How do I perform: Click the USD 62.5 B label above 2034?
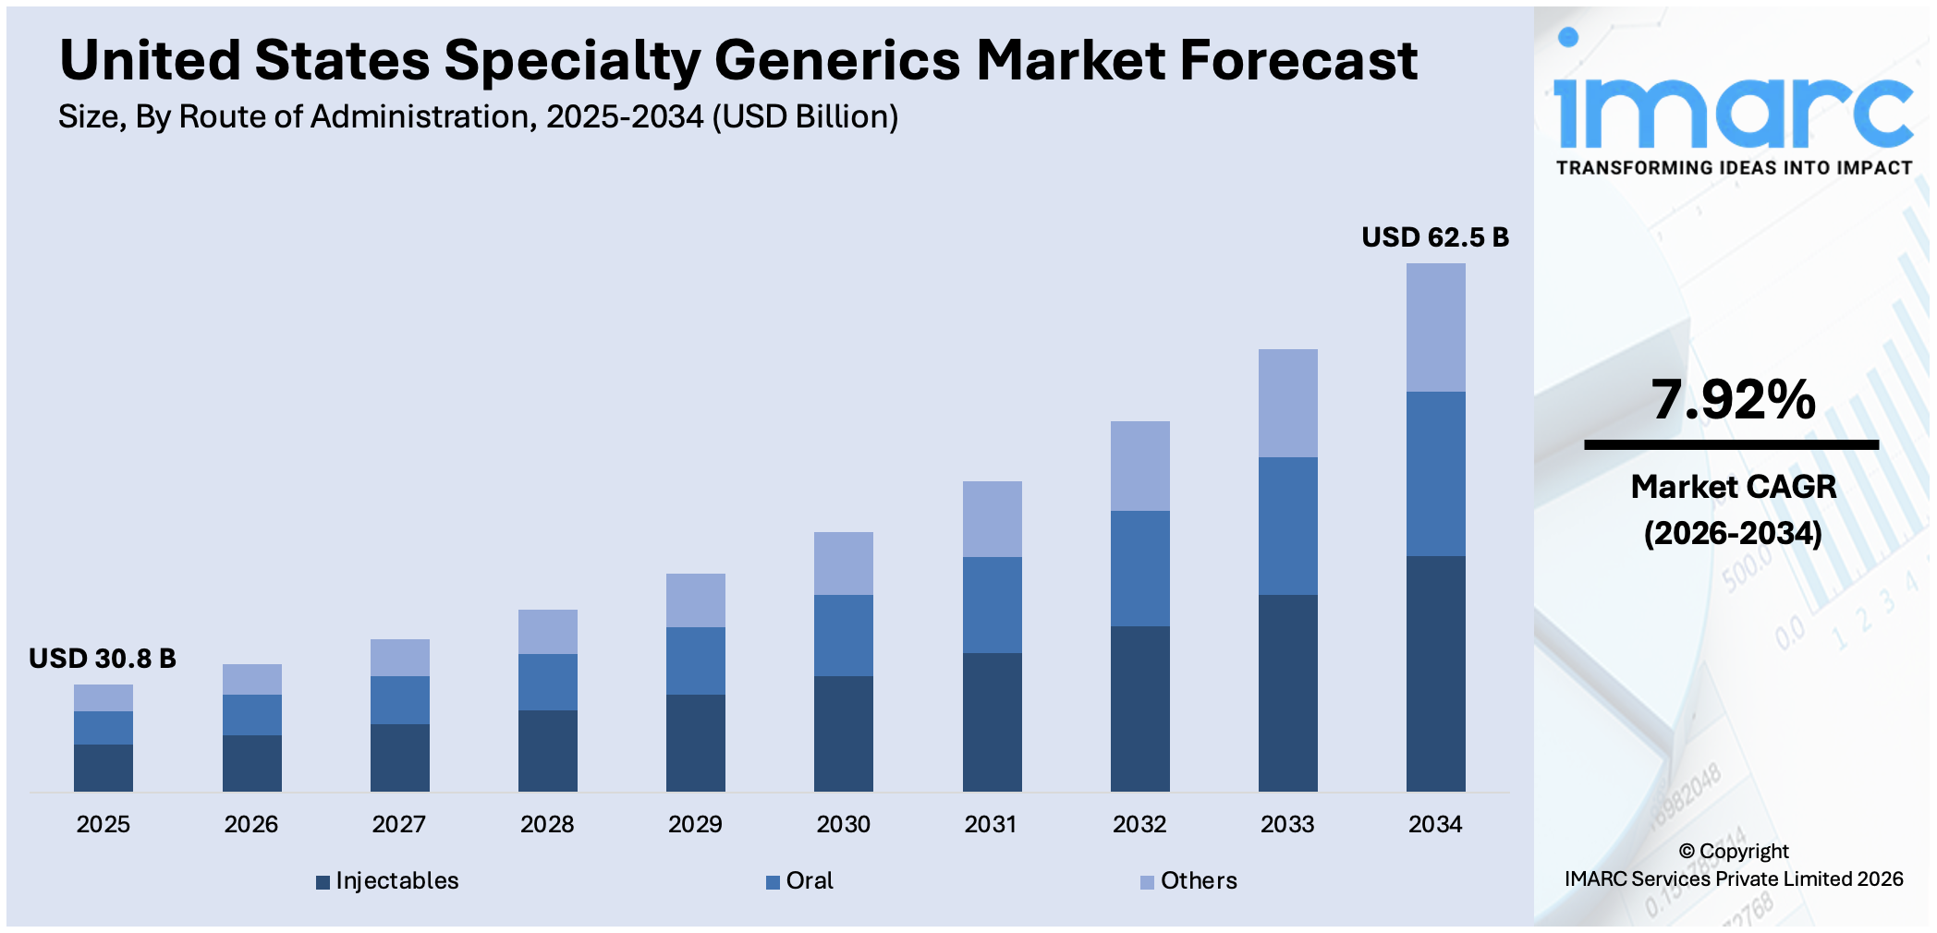tap(1434, 237)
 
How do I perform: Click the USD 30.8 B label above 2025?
tap(102, 659)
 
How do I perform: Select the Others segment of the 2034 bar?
tap(1435, 327)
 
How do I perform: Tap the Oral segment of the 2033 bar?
tap(1287, 525)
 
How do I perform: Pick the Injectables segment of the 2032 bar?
tap(1139, 708)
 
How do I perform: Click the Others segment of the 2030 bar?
tap(843, 563)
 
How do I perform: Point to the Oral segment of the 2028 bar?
tap(547, 682)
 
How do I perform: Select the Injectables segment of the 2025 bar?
tap(103, 767)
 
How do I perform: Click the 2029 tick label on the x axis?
tap(695, 824)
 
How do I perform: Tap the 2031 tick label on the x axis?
tap(991, 824)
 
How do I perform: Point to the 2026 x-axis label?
tap(250, 824)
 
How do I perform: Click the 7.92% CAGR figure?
tap(1733, 400)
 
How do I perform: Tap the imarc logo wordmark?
tap(1733, 111)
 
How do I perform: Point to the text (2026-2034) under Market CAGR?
tap(1733, 533)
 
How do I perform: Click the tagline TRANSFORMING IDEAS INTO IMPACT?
tap(1733, 168)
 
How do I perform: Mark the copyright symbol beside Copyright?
tap(1687, 852)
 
